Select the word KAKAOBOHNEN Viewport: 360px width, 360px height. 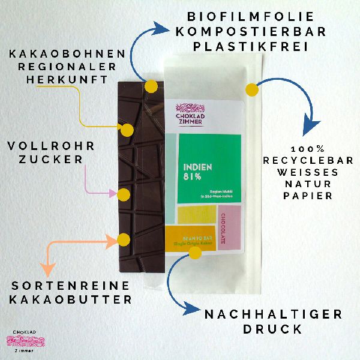pos(67,54)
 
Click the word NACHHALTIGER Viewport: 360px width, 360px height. pos(273,314)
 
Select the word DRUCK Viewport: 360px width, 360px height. pos(272,329)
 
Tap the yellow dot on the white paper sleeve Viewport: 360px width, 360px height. pos(252,90)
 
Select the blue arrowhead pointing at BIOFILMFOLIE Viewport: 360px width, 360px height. pos(161,27)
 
